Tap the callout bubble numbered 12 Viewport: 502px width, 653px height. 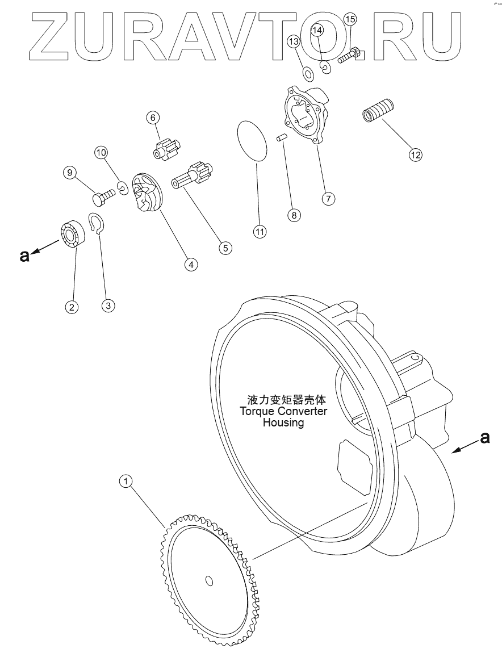click(416, 154)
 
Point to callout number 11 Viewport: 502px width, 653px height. click(259, 231)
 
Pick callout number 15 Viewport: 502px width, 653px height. click(350, 20)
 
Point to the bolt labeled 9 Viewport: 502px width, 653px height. click(103, 198)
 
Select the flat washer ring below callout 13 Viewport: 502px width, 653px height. click(308, 74)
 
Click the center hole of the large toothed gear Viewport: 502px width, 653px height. click(209, 580)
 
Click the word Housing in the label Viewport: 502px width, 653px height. click(283, 422)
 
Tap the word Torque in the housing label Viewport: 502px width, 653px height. click(256, 411)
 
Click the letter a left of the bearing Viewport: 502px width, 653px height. click(24, 256)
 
